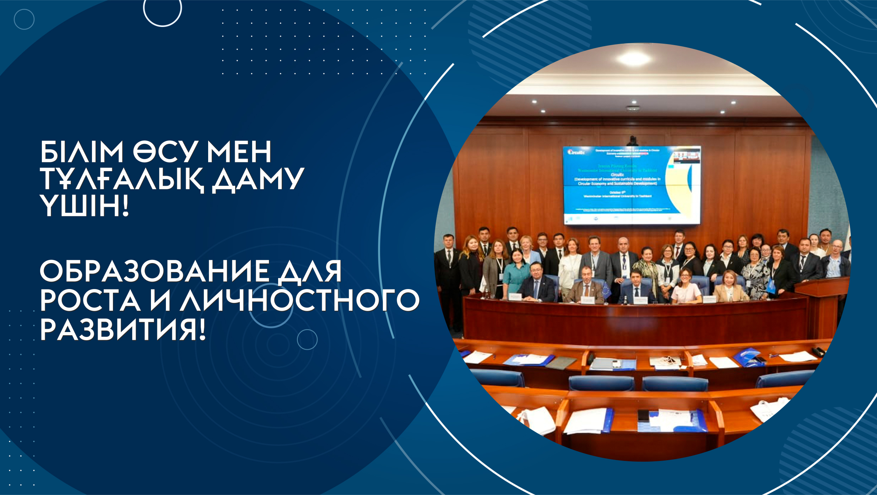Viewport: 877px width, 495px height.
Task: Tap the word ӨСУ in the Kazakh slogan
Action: (165, 152)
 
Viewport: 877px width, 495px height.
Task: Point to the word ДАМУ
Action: (258, 179)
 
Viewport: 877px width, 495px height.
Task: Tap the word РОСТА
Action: (90, 300)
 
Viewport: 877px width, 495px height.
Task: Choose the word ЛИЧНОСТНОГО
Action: (299, 300)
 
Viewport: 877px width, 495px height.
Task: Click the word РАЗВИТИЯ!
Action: (123, 330)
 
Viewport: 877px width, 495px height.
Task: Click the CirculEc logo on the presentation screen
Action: (576, 152)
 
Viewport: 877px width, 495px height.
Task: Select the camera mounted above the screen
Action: (632, 140)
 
